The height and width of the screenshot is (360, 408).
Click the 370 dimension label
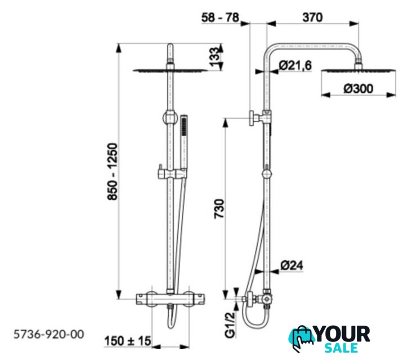(312, 17)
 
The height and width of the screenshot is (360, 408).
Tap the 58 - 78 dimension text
(220, 17)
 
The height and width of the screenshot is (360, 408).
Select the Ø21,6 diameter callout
(295, 65)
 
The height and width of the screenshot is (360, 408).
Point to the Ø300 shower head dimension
(358, 89)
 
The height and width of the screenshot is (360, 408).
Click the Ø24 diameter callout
(292, 265)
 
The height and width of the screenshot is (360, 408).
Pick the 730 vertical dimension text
(219, 209)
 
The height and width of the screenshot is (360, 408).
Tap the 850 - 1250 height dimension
(113, 172)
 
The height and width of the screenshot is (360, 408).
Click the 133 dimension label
(214, 57)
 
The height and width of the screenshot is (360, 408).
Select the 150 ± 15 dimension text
(128, 341)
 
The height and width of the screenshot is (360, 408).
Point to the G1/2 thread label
(230, 325)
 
